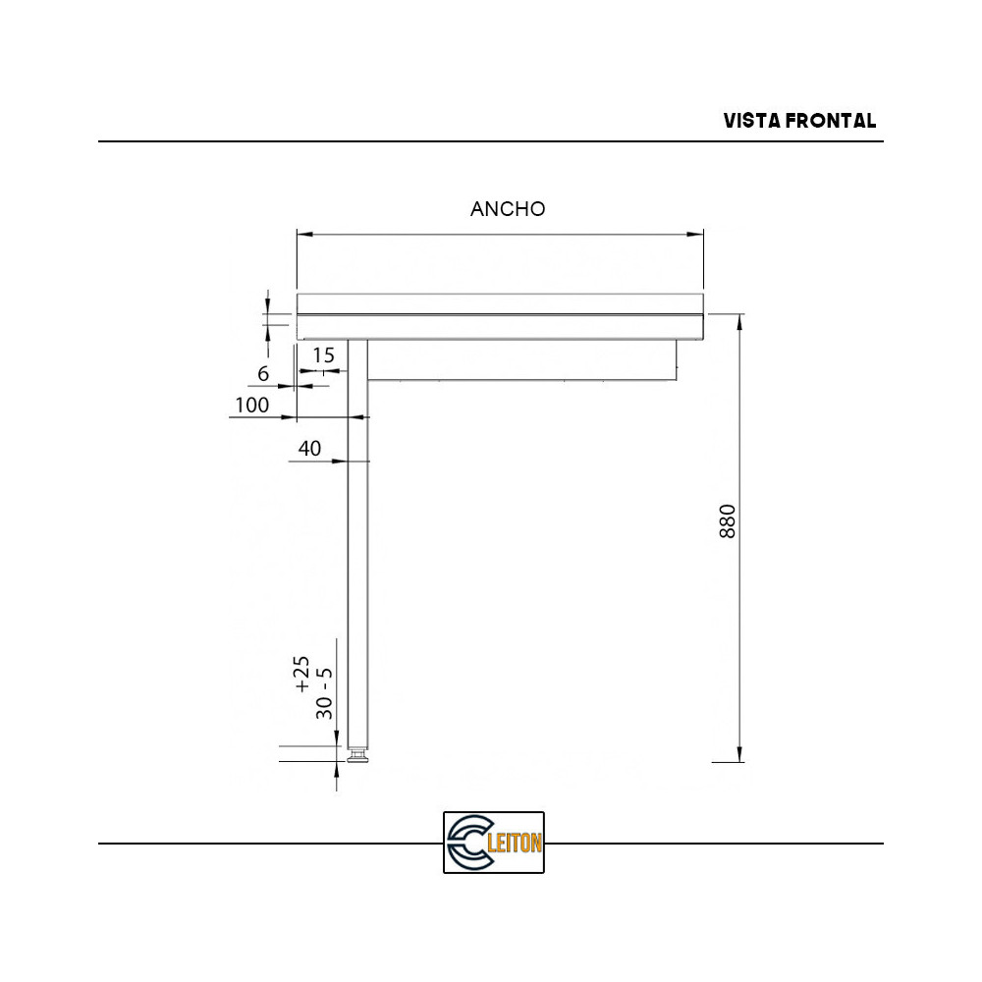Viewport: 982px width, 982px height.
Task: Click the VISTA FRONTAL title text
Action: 799,121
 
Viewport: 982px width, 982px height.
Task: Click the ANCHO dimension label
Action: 508,209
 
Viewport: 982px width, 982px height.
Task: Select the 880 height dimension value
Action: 728,521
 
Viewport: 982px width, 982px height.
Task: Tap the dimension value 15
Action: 323,354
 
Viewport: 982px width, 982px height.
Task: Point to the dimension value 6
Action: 263,374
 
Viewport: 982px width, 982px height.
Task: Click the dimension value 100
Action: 251,405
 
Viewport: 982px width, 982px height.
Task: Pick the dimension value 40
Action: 309,449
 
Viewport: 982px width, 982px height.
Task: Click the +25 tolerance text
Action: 303,676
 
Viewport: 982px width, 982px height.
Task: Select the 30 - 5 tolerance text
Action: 325,693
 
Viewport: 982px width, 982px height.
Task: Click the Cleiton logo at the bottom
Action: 493,843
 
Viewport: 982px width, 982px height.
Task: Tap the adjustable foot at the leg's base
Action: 358,755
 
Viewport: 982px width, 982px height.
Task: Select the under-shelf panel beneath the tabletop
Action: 521,359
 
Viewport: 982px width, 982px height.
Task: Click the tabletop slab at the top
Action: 500,303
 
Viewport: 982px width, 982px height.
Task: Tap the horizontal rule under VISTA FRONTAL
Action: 491,141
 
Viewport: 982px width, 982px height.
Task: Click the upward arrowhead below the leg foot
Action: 337,773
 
